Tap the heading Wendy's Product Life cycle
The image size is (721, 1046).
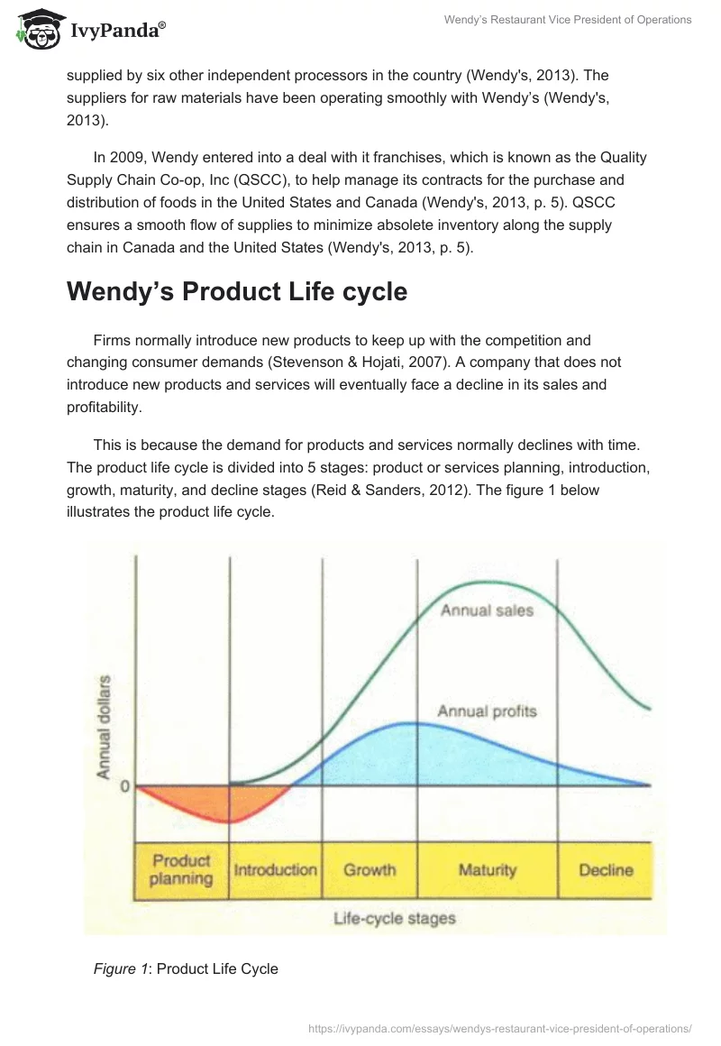(x=237, y=291)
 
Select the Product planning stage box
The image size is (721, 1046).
(x=181, y=869)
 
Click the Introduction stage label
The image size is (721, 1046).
(x=275, y=870)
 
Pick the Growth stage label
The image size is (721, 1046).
(x=370, y=870)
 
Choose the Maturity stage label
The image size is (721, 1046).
(x=487, y=870)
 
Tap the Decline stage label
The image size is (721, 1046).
(x=606, y=870)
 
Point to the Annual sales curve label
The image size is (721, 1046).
(x=487, y=610)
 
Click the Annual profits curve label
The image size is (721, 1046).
(x=487, y=711)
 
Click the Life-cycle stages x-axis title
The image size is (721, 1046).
(x=395, y=919)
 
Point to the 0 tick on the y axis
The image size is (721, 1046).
(x=127, y=786)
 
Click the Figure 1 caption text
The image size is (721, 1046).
(x=186, y=968)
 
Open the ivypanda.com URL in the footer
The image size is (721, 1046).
(x=499, y=1027)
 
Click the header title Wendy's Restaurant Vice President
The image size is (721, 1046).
(x=568, y=20)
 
